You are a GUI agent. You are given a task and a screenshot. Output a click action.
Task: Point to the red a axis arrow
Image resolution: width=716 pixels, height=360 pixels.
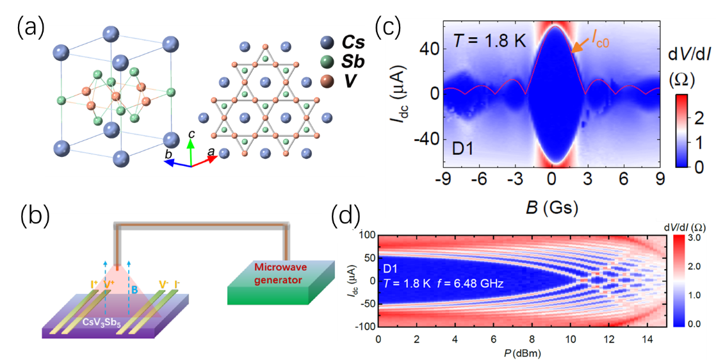[x=206, y=160]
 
